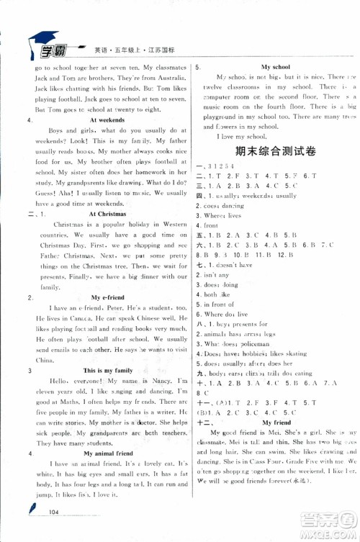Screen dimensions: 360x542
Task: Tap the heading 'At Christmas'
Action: [107, 214]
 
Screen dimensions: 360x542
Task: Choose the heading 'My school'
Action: [275, 66]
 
